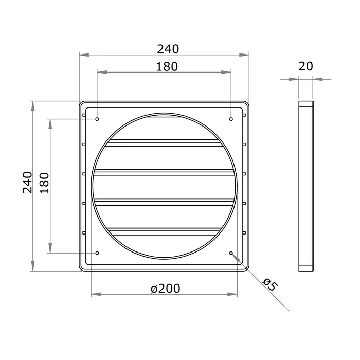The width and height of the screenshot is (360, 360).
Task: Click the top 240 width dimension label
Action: tap(168, 49)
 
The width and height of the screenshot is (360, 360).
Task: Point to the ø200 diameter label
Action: tap(166, 289)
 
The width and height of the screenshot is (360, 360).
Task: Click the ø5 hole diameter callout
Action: tap(269, 284)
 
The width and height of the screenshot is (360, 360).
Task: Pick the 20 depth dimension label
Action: tap(305, 66)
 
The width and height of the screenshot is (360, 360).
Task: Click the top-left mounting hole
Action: tap(97, 119)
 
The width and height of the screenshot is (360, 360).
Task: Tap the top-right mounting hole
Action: tap(231, 119)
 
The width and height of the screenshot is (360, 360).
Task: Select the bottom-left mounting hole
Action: tap(97, 253)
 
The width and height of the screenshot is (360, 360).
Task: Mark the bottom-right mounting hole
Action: tap(231, 253)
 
